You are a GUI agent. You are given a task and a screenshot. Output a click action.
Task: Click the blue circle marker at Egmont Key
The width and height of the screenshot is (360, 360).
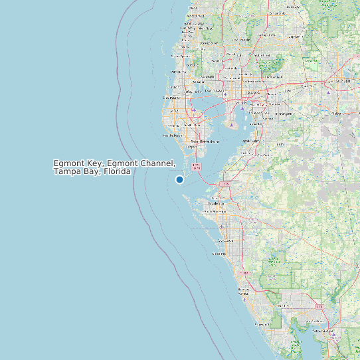179,179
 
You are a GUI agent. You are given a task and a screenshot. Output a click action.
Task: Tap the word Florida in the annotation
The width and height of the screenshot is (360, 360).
115,171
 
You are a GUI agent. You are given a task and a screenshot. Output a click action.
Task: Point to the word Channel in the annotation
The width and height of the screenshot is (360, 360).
158,163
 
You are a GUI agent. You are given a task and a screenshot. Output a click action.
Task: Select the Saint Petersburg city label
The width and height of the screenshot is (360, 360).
205,141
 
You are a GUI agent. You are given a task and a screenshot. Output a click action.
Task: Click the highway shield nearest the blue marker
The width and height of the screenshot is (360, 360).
195,166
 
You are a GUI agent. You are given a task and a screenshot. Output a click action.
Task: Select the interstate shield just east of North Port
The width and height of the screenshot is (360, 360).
319,306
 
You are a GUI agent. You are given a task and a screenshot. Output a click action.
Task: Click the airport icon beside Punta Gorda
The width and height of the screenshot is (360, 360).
330,337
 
